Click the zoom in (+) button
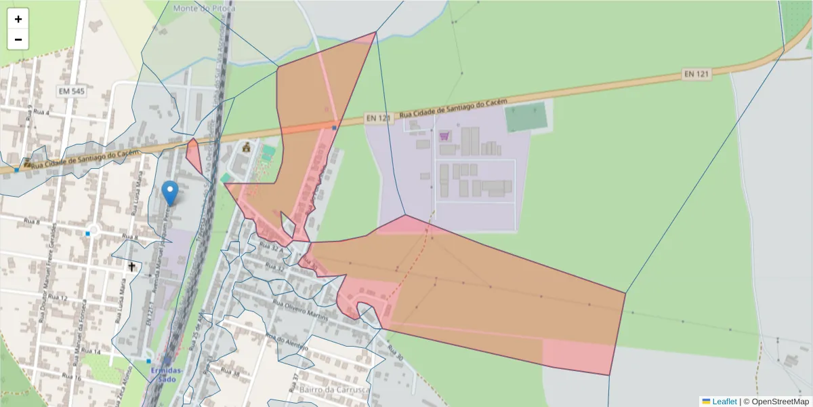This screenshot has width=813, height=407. (x=18, y=19)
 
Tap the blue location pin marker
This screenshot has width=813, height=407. (x=171, y=193)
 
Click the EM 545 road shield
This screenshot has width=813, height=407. (x=72, y=90)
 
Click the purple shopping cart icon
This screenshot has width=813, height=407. (x=444, y=136)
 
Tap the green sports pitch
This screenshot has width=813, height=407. (x=526, y=117)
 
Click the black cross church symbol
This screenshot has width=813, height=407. (x=131, y=267)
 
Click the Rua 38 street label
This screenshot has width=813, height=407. (x=230, y=374)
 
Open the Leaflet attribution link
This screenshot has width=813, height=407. (x=724, y=402)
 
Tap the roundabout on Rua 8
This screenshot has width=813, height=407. (x=93, y=231)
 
